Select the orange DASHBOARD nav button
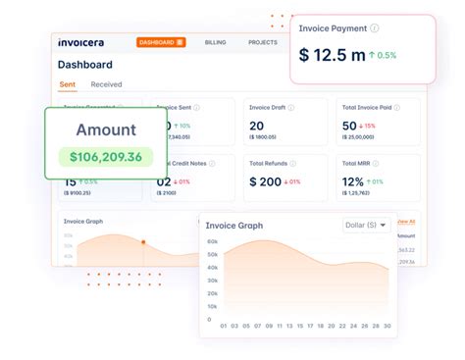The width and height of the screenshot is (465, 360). click(x=161, y=43)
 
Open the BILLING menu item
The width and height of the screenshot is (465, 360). click(x=215, y=43)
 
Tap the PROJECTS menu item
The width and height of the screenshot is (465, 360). click(x=262, y=43)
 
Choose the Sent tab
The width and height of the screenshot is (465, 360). click(x=68, y=84)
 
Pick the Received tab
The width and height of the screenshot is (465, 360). click(x=106, y=84)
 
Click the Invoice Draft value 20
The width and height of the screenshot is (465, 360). click(x=257, y=126)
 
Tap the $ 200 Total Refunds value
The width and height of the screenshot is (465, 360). click(x=267, y=181)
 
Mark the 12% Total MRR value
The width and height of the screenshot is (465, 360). click(x=353, y=181)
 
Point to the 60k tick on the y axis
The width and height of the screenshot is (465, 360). click(x=211, y=240)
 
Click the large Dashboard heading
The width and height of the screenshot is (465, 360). click(x=85, y=65)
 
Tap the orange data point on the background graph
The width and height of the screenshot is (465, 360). click(x=143, y=241)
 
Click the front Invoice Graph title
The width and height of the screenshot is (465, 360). click(x=235, y=226)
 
